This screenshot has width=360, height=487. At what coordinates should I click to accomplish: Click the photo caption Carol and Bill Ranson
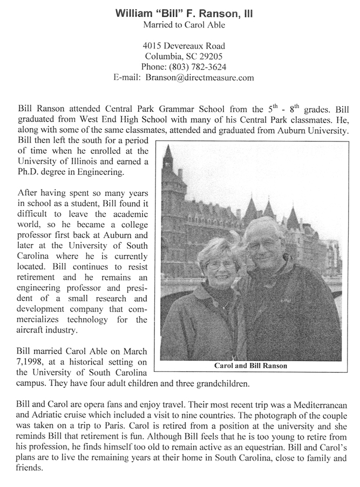tap(251, 366)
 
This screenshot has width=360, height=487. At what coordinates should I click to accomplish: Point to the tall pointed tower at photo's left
tap(168, 162)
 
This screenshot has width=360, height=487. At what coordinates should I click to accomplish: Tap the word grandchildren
tap(223, 384)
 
